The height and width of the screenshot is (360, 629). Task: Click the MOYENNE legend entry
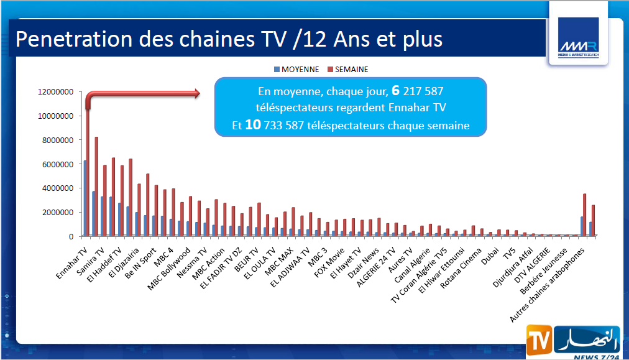tap(297, 69)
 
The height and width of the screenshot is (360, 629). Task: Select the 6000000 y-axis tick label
tap(58, 164)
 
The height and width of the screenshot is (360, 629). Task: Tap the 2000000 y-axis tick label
tap(58, 212)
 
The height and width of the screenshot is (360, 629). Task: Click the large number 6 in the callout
tap(395, 91)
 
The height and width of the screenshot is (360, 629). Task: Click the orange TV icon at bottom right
tap(538, 341)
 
